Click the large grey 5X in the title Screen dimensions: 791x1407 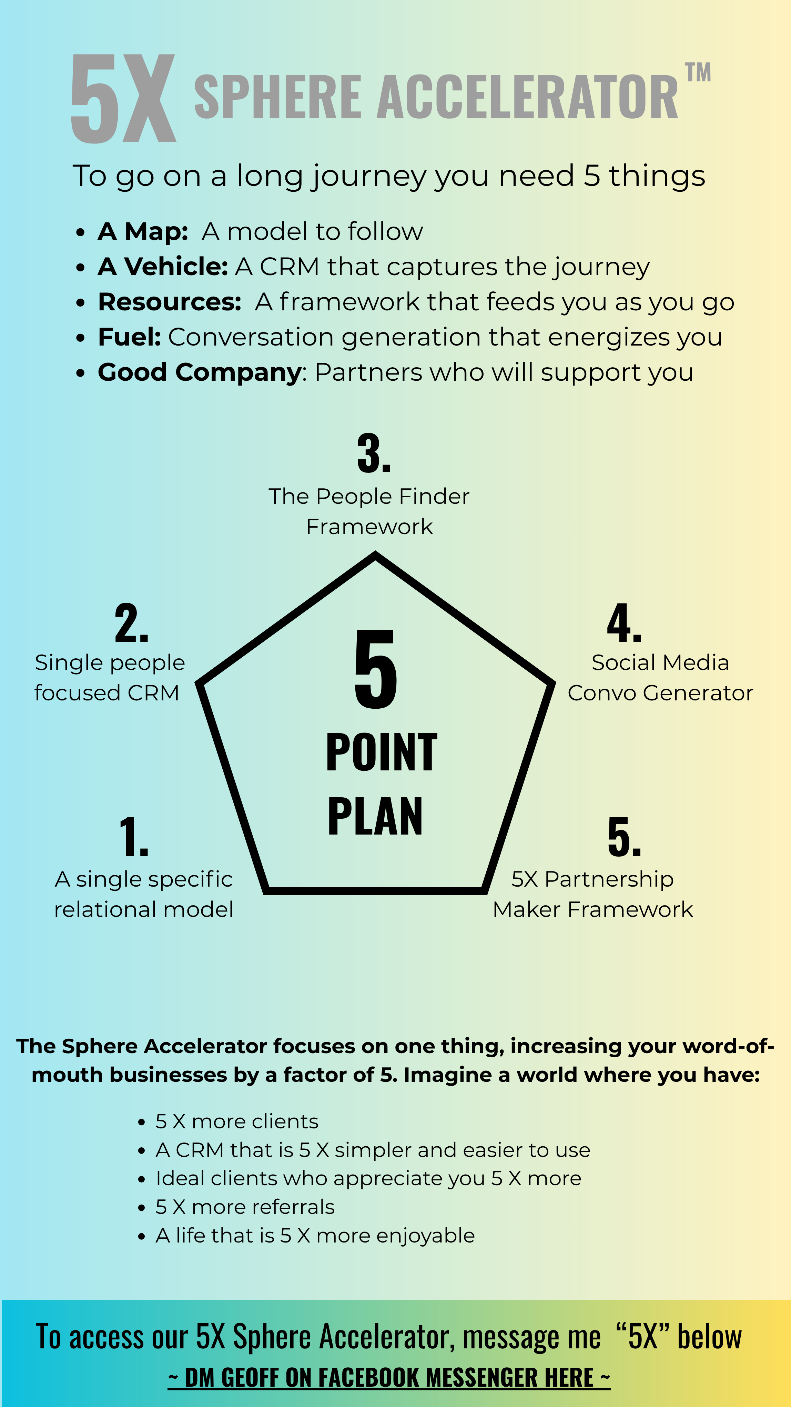(123, 98)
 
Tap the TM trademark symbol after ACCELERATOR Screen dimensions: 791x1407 (698, 73)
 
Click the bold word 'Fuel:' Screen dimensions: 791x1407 (129, 337)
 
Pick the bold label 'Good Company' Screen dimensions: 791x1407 (199, 372)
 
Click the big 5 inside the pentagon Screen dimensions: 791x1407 (376, 669)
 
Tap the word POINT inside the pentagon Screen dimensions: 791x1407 (382, 753)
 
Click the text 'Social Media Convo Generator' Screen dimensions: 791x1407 (660, 677)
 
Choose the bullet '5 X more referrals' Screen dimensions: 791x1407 (245, 1207)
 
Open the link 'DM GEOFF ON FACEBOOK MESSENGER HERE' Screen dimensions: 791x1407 (389, 1378)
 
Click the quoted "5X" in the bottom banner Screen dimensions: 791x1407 (642, 1337)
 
